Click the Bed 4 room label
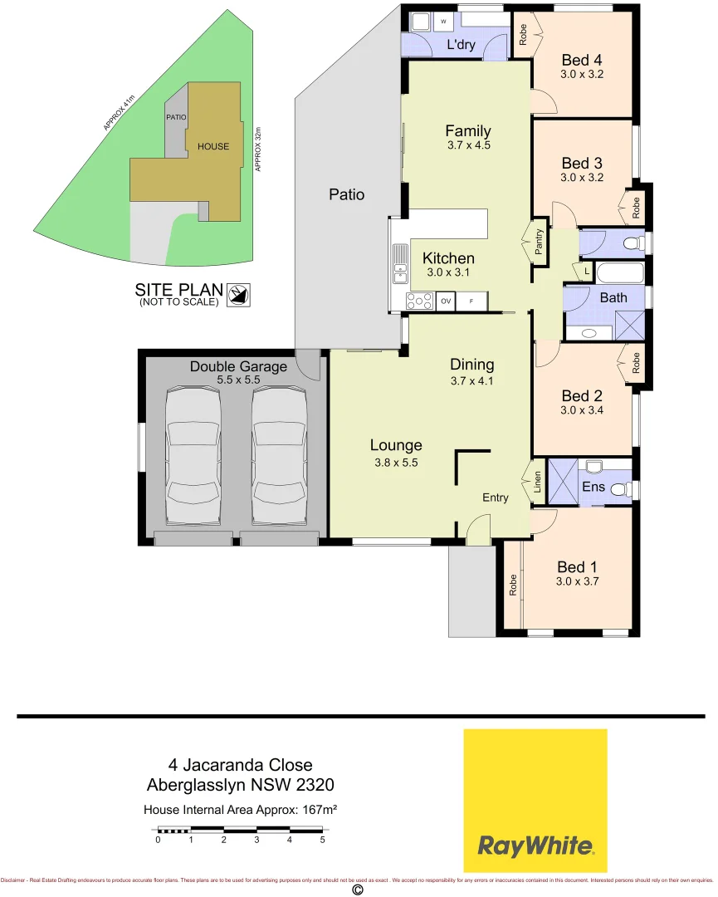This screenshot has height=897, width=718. tap(581, 60)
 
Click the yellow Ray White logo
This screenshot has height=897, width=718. tap(535, 800)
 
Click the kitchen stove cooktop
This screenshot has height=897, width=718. tap(420, 301)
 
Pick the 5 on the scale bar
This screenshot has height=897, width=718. tap(322, 840)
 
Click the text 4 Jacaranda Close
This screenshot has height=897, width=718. tap(241, 764)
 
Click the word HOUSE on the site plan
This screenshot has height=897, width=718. tap(213, 146)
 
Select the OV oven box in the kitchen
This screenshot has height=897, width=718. tap(446, 301)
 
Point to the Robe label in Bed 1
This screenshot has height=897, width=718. tap(514, 585)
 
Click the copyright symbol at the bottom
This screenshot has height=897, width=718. tap(359, 890)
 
